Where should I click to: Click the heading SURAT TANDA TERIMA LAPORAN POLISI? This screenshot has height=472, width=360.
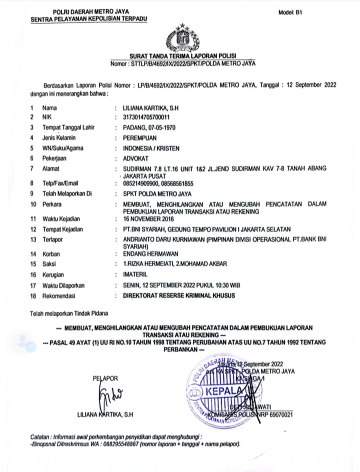pos(182,55)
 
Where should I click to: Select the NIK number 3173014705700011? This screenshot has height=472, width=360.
pos(143,116)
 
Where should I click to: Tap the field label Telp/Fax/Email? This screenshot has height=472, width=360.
pos(61,183)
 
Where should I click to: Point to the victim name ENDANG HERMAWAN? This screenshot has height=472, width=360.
pos(145,254)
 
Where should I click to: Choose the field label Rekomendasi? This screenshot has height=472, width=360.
pos(58,296)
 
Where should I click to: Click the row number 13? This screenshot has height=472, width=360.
pos(33,240)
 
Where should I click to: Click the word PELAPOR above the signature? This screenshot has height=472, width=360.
pos(104,378)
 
